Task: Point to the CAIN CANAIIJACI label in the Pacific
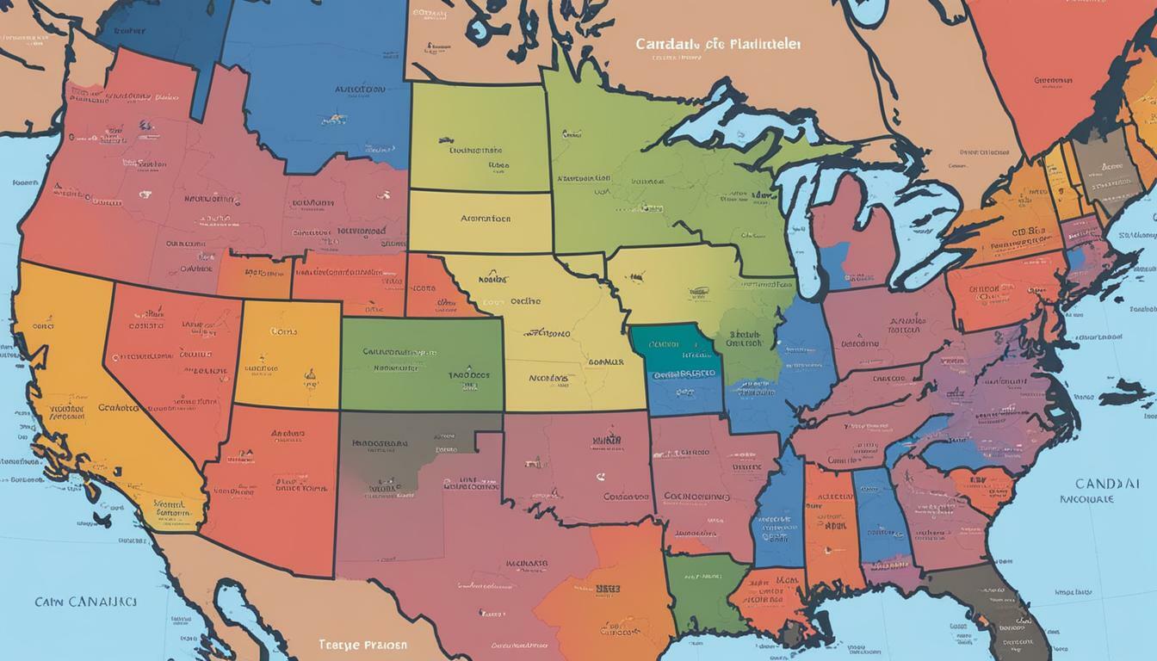point(85,602)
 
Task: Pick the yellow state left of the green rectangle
point(288,353)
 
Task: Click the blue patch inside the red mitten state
point(833,263)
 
